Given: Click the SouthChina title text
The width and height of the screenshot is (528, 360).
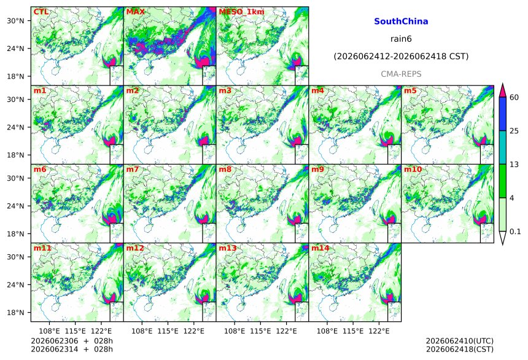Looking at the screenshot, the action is click(x=401, y=22).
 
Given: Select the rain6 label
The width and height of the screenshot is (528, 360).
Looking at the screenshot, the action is click(x=401, y=39).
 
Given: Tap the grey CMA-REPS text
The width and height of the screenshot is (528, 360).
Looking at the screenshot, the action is click(x=401, y=74).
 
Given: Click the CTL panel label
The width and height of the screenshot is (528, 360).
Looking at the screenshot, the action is click(x=41, y=12).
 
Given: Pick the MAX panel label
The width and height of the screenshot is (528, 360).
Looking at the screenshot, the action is click(x=135, y=12).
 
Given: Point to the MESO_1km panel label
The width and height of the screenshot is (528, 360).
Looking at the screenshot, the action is click(x=241, y=12).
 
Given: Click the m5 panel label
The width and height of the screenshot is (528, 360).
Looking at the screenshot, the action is click(x=410, y=91).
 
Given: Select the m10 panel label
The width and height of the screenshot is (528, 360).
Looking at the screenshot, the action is click(x=413, y=169).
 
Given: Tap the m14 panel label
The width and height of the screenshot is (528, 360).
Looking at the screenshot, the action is click(x=320, y=248).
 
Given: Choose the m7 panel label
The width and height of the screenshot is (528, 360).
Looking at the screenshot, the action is click(x=133, y=169).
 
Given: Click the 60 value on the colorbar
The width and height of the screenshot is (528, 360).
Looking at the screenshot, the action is click(x=514, y=98).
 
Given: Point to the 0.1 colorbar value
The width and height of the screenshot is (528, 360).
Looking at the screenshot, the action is click(x=515, y=232).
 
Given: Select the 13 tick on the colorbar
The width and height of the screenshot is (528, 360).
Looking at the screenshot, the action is click(x=514, y=165).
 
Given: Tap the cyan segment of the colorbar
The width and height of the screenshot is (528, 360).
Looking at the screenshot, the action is click(x=503, y=147).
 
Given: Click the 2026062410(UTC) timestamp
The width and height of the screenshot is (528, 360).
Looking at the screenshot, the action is click(x=460, y=341).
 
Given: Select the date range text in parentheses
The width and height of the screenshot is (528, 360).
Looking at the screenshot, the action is click(x=401, y=57).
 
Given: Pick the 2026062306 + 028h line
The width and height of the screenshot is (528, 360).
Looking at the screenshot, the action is click(x=72, y=341).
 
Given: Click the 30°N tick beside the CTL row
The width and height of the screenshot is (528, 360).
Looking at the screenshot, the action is click(x=15, y=20).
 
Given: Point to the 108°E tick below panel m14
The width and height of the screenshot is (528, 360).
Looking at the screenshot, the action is click(x=327, y=331).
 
